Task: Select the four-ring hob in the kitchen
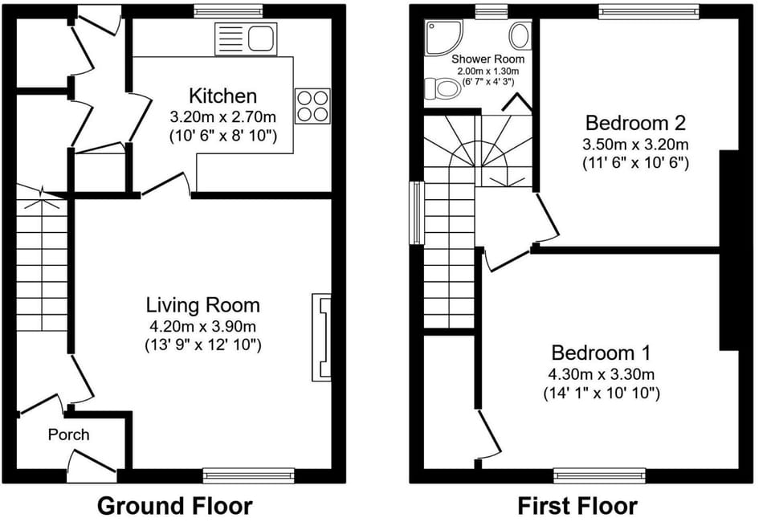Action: (x=312, y=105)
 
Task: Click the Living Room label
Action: (x=202, y=305)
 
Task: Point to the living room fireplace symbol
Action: (x=321, y=336)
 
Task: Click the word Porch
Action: (x=69, y=434)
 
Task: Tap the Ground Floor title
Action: (x=174, y=506)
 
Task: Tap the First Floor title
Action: (x=577, y=506)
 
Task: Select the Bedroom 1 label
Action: (x=601, y=353)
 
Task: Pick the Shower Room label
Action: (x=487, y=59)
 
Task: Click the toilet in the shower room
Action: (x=444, y=88)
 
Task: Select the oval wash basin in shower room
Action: (x=520, y=35)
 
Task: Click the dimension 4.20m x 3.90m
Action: (x=202, y=326)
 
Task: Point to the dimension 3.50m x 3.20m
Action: (x=635, y=145)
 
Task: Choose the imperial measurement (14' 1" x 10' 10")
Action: (x=601, y=394)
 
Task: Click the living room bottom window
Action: (x=248, y=475)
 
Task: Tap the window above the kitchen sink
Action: (x=228, y=11)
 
